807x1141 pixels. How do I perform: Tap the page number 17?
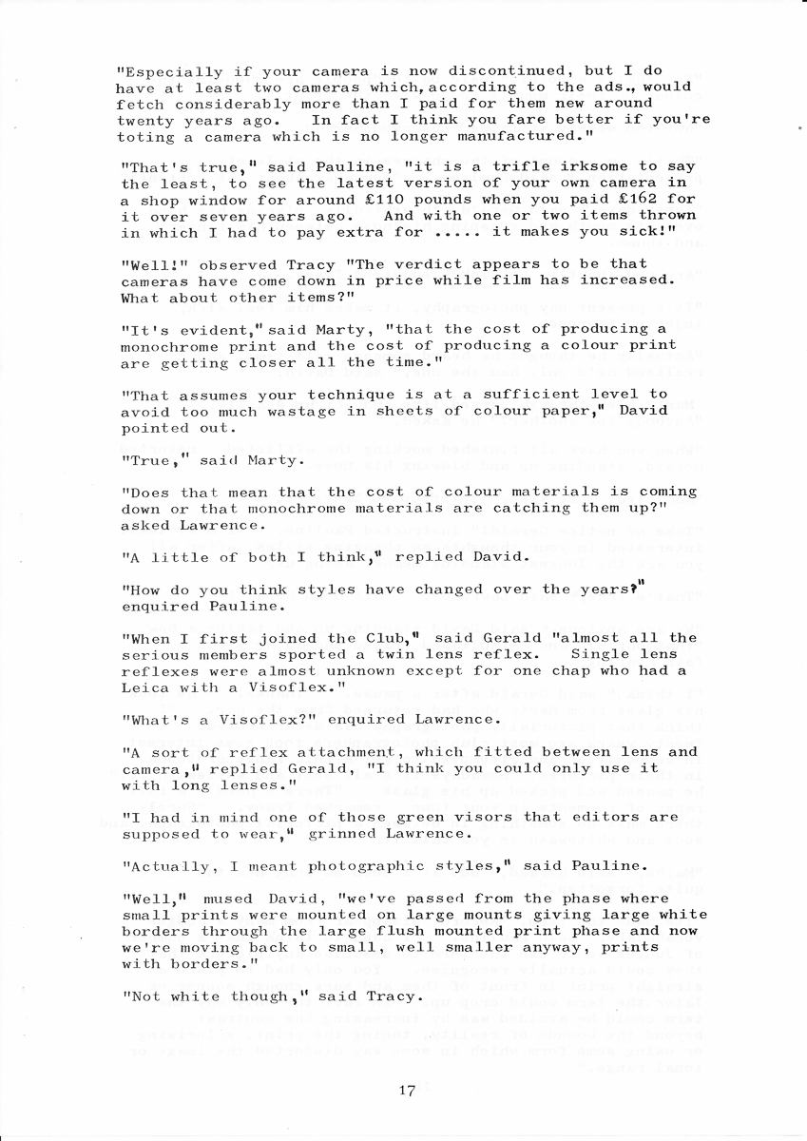tap(407, 1091)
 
